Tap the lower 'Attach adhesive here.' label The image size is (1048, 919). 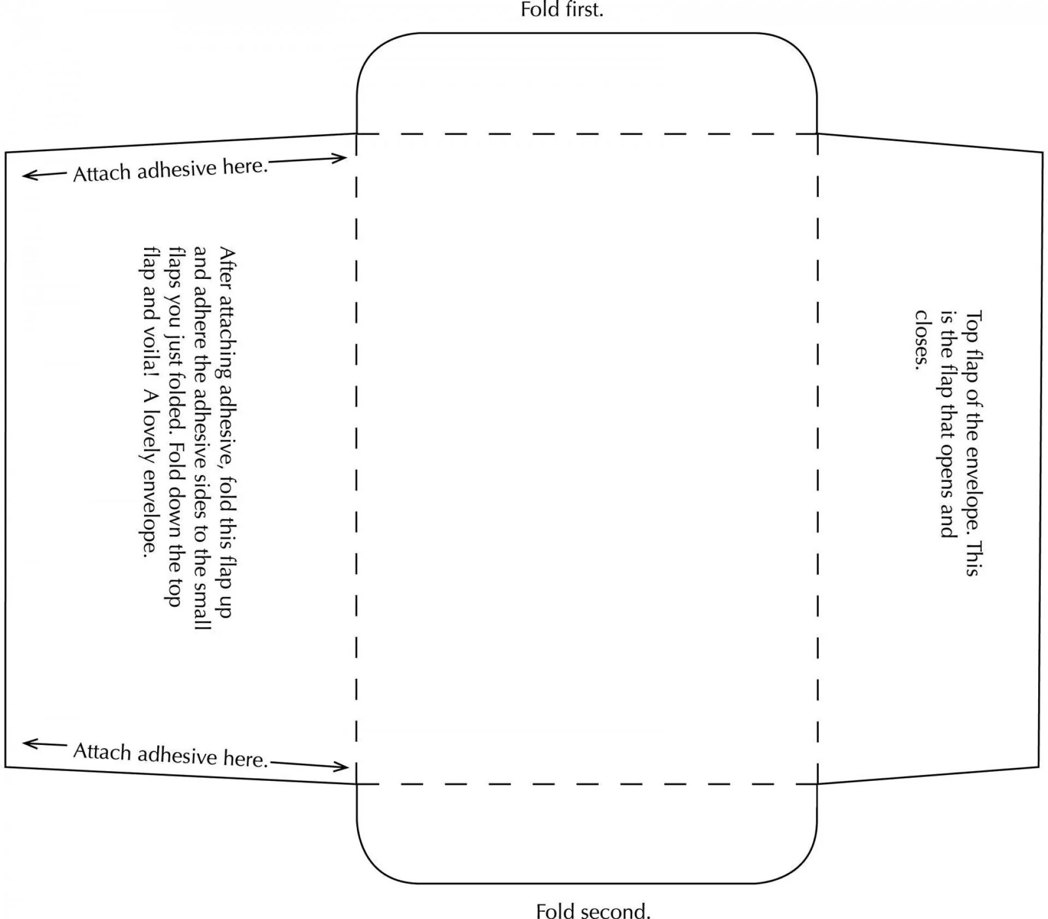point(170,755)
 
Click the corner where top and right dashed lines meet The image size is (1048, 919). point(818,134)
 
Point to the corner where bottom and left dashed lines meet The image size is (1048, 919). point(356,784)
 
